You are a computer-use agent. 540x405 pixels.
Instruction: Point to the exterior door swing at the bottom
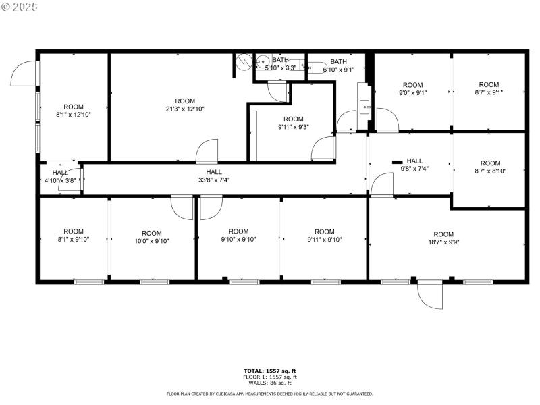[x=430, y=294]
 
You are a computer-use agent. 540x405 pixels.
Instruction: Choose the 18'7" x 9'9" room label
[x=443, y=238]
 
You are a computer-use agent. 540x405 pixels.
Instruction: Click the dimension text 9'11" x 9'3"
[x=294, y=127]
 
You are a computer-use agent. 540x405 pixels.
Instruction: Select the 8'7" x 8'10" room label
[x=490, y=167]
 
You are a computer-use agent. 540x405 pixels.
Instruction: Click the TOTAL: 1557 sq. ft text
[x=270, y=371]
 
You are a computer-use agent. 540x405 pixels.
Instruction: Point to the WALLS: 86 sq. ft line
[x=270, y=383]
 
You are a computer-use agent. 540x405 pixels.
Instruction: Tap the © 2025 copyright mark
[x=20, y=7]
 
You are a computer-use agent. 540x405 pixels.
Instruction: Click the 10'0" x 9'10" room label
[x=152, y=237]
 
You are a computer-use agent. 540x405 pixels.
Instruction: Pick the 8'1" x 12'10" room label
[x=74, y=111]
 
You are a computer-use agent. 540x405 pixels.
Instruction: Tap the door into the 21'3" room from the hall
[x=207, y=151]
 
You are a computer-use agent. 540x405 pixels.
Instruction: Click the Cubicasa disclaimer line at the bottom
[x=270, y=394]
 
